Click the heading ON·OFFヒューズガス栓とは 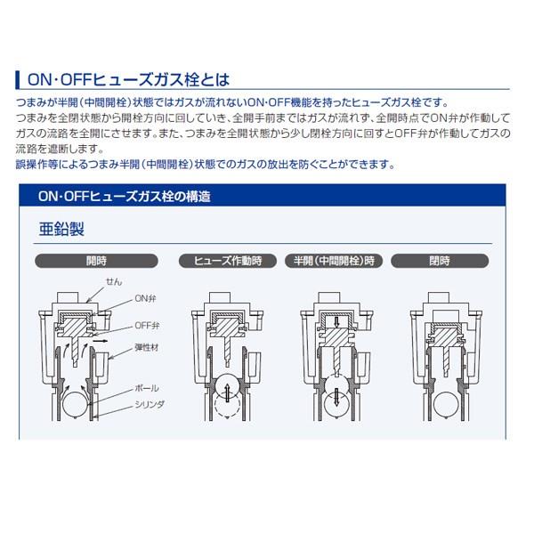pos(128,80)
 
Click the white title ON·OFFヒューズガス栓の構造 pos(125,197)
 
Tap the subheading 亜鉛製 pos(61,229)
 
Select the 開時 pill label pos(96,261)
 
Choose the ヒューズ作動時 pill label pos(228,261)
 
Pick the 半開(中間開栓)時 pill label pos(334,261)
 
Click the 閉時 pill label pos(440,261)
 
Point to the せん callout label pos(114,281)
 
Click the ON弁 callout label pos(145,299)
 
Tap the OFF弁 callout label pos(147,326)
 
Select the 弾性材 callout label pos(147,348)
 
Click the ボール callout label pos(147,388)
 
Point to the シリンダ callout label pos(150,405)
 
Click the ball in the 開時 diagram pos(75,404)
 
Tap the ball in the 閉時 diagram pos(446,404)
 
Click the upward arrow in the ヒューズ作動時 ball pos(228,392)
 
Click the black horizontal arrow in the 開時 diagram pos(100,341)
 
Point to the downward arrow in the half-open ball pos(336,397)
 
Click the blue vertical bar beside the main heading pos(18,80)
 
